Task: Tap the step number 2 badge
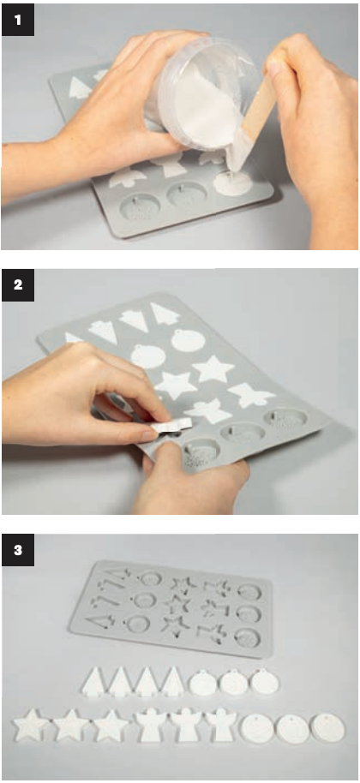[x=18, y=285]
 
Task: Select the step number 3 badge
[x=18, y=551]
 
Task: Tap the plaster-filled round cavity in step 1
[x=232, y=183]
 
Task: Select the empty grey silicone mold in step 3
[x=171, y=607]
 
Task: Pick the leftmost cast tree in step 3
[x=95, y=682]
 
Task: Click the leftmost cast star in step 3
[x=31, y=725]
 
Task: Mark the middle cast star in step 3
[x=70, y=725]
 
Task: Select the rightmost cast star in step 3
[x=111, y=725]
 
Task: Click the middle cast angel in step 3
[x=185, y=725]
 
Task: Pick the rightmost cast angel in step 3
[x=221, y=725]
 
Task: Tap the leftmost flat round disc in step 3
[x=255, y=728]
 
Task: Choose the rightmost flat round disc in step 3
[x=327, y=728]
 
